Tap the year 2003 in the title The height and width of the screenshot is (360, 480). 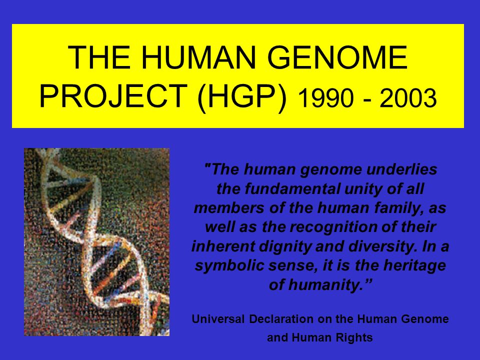pos(408,99)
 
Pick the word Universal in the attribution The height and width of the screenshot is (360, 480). pos(215,319)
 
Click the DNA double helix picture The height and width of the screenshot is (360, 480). pos(96,241)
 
